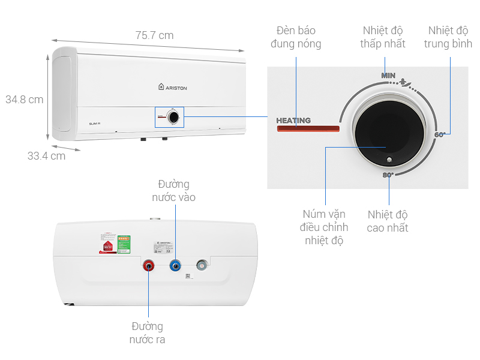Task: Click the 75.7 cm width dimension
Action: coord(154,35)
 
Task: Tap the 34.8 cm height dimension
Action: coord(24,100)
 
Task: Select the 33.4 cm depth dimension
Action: coord(46,156)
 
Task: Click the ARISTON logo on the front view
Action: coord(173,87)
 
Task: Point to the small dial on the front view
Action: coord(173,117)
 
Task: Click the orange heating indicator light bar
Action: coord(307,128)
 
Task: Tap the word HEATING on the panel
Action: coord(293,120)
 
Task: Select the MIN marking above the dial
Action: coord(388,76)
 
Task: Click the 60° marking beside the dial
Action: coord(440,135)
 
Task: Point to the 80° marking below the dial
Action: coord(388,175)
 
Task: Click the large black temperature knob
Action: coord(382,140)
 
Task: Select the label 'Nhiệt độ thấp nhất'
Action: coord(383,37)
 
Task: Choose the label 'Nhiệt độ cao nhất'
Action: coord(388,221)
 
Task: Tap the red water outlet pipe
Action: coord(149,265)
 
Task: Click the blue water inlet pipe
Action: coord(175,265)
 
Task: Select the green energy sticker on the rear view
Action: coord(124,242)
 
